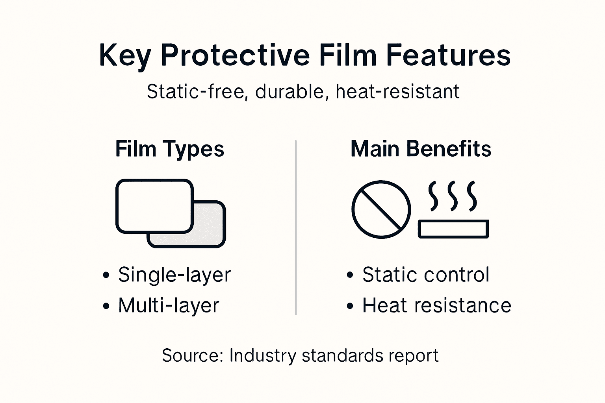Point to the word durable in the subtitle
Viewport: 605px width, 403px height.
coord(290,92)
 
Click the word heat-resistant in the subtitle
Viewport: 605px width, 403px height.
coord(397,92)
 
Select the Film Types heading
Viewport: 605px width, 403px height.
coord(170,149)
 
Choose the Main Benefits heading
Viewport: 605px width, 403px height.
coord(421,149)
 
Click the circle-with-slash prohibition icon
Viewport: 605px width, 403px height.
coord(381,209)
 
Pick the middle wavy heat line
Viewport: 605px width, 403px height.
coord(453,196)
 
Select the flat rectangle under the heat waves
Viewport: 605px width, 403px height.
coord(453,229)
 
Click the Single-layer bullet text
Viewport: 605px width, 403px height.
coord(174,275)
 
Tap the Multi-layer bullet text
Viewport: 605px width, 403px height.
coord(169,306)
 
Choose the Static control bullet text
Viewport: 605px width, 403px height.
coord(426,275)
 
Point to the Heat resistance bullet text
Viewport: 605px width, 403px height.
coord(436,305)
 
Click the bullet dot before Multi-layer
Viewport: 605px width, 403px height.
coord(106,306)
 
